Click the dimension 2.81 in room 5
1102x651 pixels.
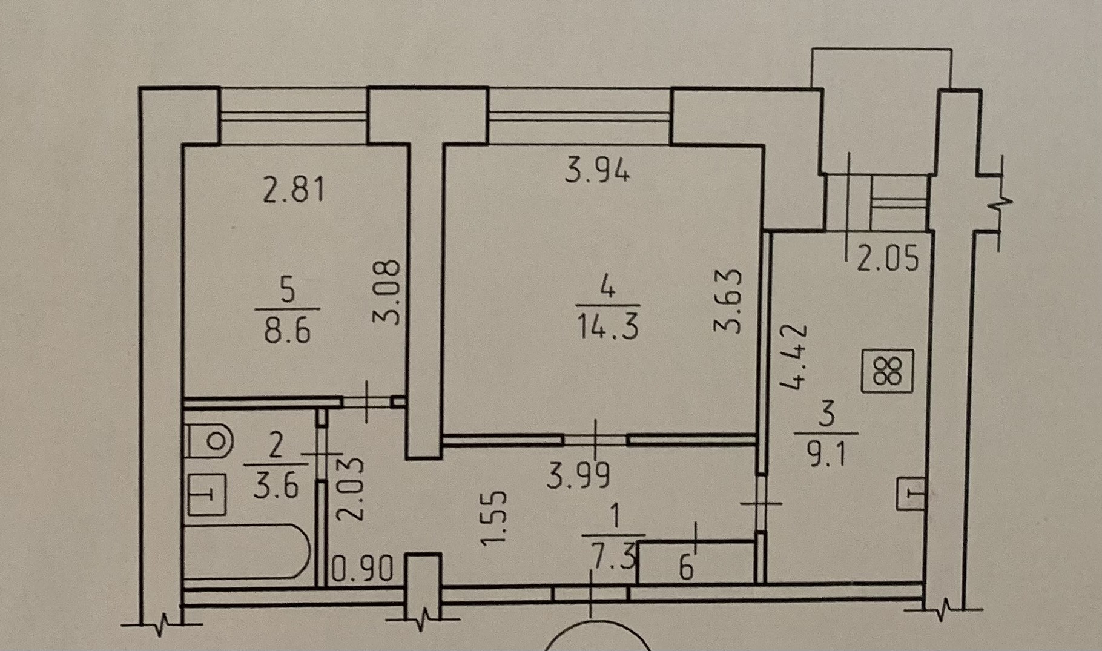point(294,189)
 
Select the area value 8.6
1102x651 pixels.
point(287,331)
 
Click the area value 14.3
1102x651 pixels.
point(607,327)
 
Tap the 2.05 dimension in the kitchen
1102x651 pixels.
point(887,257)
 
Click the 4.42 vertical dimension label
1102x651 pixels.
point(794,356)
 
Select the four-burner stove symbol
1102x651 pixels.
point(888,371)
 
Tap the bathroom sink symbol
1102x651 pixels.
point(207,494)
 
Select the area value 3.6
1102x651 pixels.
point(276,484)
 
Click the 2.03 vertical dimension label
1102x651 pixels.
point(352,489)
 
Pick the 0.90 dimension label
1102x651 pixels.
point(364,569)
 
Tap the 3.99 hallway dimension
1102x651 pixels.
point(578,475)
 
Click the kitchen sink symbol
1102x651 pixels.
point(911,493)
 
